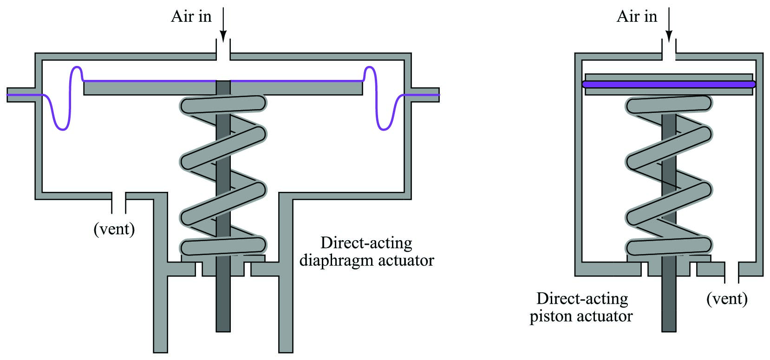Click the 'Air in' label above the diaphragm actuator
[191, 17]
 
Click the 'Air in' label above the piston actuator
[637, 17]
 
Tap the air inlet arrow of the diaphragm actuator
[223, 24]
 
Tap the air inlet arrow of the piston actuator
[669, 24]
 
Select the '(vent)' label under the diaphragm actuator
[114, 229]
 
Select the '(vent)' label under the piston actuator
[727, 299]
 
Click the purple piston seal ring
[669, 84]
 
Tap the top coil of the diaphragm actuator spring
[223, 104]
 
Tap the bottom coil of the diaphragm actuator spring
[223, 246]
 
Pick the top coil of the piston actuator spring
[669, 104]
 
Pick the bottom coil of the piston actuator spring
[669, 246]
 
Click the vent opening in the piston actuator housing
[731, 272]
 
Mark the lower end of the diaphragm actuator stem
[223, 332]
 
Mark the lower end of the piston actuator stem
[669, 332]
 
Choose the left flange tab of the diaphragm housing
[21, 95]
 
